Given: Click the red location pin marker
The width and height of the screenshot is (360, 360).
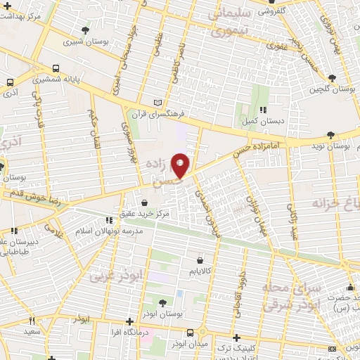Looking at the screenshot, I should tap(181, 165).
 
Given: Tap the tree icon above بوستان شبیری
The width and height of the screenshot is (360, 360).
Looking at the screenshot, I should tap(85, 30).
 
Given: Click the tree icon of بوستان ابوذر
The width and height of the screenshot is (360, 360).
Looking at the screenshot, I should tap(162, 302).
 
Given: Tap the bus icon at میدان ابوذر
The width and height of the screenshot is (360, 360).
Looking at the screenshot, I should tap(189, 333).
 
